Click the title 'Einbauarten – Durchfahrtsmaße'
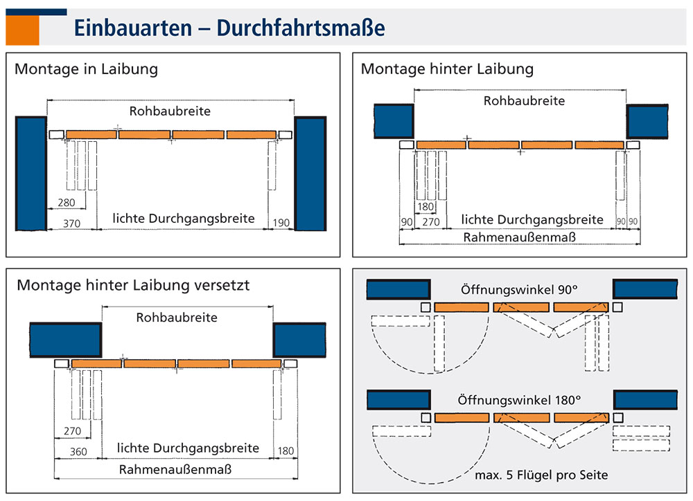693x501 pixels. [229, 28]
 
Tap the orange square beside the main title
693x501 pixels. [22, 30]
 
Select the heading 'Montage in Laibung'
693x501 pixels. [86, 69]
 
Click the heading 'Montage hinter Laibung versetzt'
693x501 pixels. [133, 284]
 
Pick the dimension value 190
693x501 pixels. [282, 223]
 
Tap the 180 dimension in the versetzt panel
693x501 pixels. [286, 452]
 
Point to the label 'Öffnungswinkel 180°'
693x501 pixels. [518, 400]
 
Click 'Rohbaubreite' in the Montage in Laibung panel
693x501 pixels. [170, 111]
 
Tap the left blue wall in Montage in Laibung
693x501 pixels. [30, 173]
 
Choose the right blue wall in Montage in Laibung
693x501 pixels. [310, 173]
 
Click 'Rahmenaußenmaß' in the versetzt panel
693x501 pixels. [175, 469]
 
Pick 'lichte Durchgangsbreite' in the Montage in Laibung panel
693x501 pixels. [184, 219]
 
